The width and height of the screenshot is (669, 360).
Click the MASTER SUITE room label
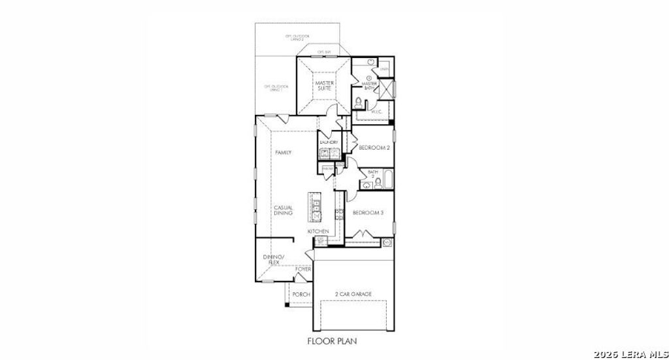pos(325,86)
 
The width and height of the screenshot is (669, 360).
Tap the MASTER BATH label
pos(370,86)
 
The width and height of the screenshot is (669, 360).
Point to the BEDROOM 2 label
pos(374,148)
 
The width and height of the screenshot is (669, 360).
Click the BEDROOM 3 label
pos(367,213)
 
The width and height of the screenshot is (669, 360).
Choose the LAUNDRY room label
pos(329,142)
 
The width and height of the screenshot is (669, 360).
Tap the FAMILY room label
pos(283,152)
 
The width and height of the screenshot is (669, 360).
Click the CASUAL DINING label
pos(283,210)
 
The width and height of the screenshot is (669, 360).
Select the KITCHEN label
pos(318,231)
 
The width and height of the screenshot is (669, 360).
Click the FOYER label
pos(303,269)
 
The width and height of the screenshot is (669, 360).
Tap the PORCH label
pos(301,295)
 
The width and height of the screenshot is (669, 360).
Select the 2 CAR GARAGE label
pos(353,295)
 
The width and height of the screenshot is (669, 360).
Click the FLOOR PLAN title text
pos(332,340)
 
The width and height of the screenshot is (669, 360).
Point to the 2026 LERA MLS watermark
pos(630,353)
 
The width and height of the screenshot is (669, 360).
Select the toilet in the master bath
pos(358,102)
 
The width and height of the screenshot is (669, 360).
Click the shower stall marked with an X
pos(385,90)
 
